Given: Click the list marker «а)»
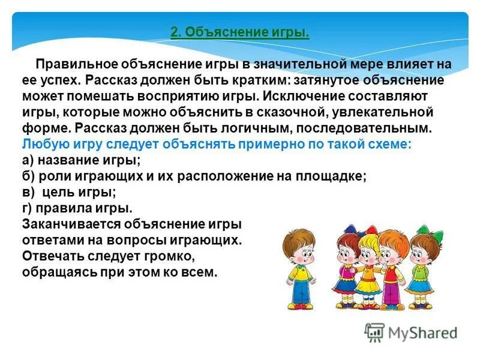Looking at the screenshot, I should click(x=29, y=160).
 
